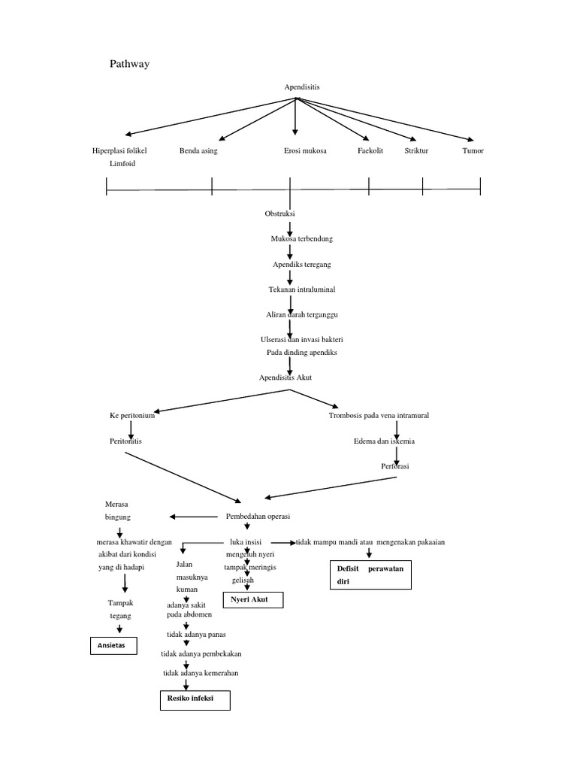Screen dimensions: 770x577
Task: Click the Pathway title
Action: pyautogui.click(x=130, y=64)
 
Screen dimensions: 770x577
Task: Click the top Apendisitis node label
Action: pyautogui.click(x=301, y=87)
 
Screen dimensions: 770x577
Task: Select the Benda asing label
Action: pyautogui.click(x=198, y=151)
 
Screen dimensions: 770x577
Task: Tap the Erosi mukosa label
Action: pyautogui.click(x=305, y=151)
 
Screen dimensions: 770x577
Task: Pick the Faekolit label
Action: pyautogui.click(x=370, y=151)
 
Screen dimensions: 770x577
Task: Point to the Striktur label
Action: pyautogui.click(x=416, y=151)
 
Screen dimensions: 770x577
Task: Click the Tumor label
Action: pyautogui.click(x=473, y=151)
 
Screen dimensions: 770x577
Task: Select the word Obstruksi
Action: pyautogui.click(x=280, y=214)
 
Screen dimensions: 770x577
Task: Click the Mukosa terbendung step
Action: pyautogui.click(x=302, y=238)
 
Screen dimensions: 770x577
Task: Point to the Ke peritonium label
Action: pyautogui.click(x=132, y=415)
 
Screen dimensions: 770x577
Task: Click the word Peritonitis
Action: pyautogui.click(x=125, y=441)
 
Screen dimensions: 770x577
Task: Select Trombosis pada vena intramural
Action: pyautogui.click(x=379, y=415)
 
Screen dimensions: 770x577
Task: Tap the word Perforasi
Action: pyautogui.click(x=394, y=467)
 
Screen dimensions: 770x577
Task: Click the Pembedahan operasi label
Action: pyautogui.click(x=258, y=517)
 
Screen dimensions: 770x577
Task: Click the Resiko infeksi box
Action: pyautogui.click(x=195, y=700)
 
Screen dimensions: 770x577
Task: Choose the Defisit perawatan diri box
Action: pyautogui.click(x=370, y=574)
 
